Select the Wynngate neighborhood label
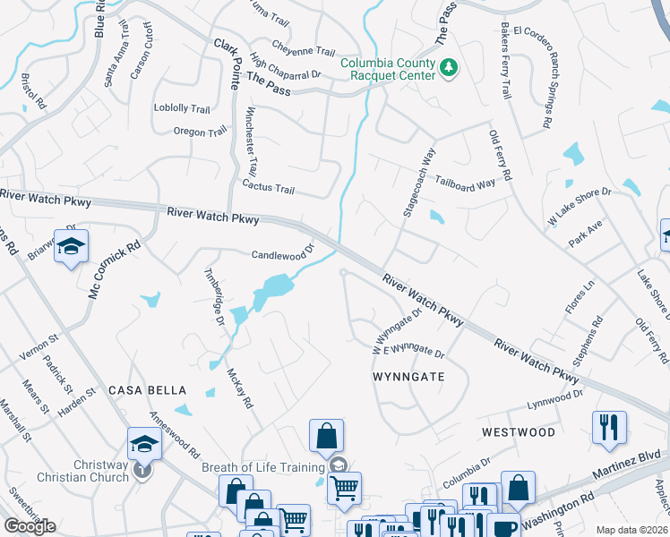click(408, 377)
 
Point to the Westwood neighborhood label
click(518, 431)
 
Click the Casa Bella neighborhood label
click(147, 390)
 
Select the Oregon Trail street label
click(200, 132)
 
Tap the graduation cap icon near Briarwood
click(71, 247)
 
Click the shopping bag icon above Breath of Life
click(326, 437)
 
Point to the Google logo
click(30, 526)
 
